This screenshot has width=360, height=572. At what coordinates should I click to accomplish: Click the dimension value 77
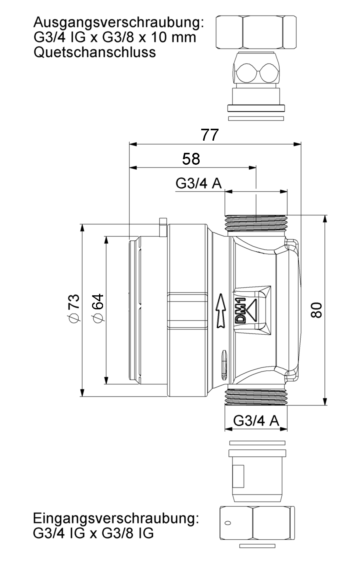pyautogui.click(x=210, y=135)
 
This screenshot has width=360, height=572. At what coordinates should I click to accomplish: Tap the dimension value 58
pyautogui.click(x=191, y=159)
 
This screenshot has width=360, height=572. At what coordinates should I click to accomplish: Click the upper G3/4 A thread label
pyautogui.click(x=198, y=183)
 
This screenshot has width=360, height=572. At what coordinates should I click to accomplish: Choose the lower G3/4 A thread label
pyautogui.click(x=256, y=421)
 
